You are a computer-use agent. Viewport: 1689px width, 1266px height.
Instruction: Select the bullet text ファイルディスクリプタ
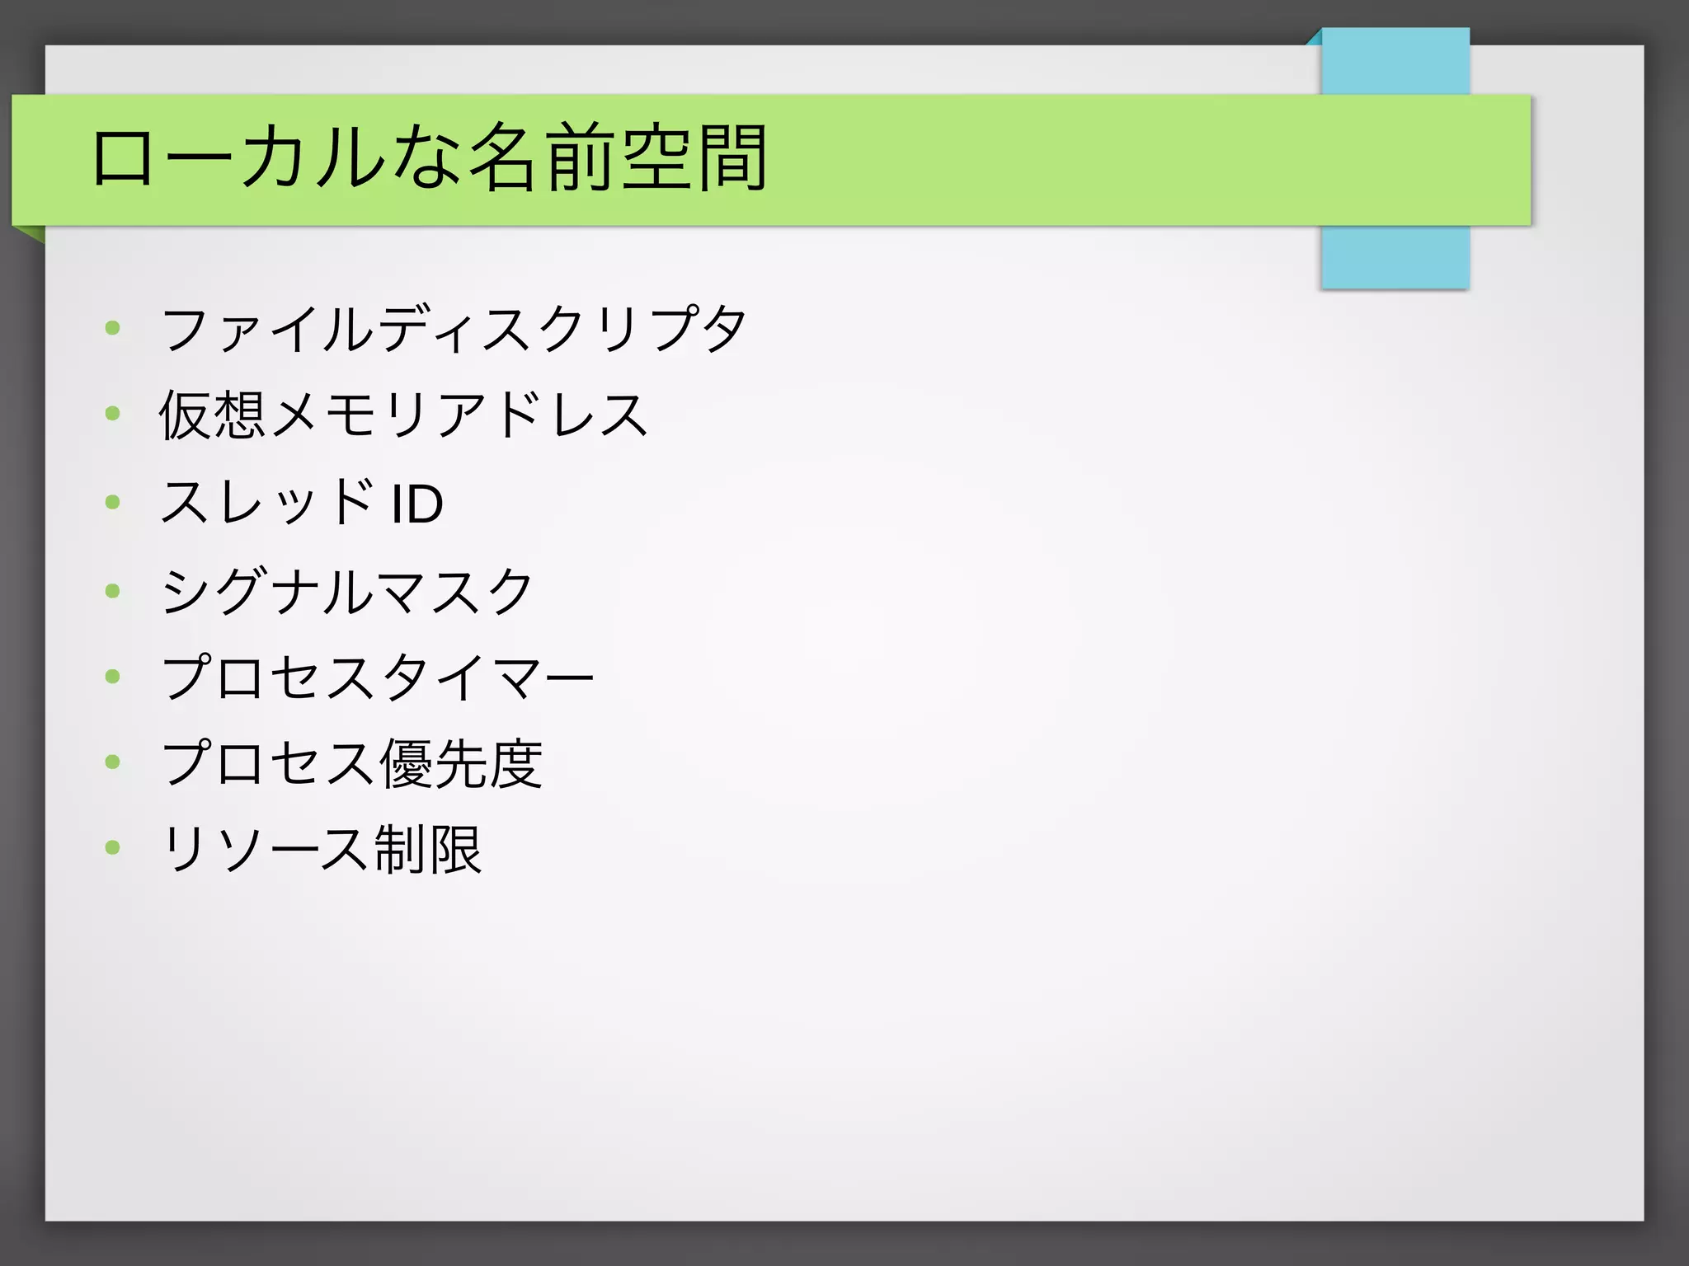click(x=454, y=329)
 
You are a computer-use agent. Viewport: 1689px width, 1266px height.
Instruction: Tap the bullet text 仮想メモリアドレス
click(x=403, y=415)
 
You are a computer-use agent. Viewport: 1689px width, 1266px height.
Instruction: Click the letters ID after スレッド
click(x=417, y=504)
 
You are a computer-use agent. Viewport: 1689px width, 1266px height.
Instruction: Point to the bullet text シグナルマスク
click(x=347, y=591)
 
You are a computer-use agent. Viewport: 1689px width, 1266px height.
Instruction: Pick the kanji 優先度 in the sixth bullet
click(x=460, y=763)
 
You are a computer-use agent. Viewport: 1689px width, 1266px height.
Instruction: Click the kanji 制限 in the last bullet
click(x=427, y=849)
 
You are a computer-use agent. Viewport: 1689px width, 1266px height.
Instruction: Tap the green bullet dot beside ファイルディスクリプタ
click(x=113, y=329)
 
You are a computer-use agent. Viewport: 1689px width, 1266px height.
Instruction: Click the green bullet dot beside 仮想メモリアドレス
click(x=113, y=414)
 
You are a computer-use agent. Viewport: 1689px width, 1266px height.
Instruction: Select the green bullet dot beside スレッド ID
click(x=113, y=502)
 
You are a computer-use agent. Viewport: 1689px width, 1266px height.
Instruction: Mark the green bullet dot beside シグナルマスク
click(x=113, y=590)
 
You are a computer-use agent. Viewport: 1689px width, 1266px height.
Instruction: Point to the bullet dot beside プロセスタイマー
click(x=113, y=677)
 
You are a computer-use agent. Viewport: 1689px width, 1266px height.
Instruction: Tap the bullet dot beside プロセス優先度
click(x=113, y=762)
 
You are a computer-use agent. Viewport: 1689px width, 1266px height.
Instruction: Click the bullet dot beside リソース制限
click(x=113, y=847)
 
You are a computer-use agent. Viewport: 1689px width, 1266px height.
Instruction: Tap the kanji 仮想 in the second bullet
click(x=212, y=415)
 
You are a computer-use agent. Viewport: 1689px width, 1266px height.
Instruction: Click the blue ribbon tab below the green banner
click(x=1395, y=256)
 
